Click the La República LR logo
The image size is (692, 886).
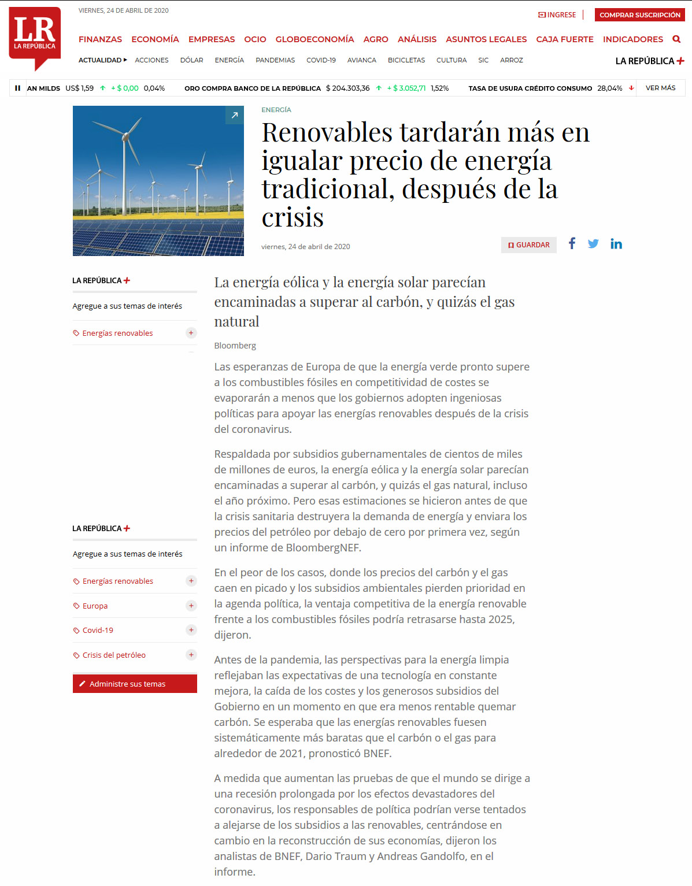35,36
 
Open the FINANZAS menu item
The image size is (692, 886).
100,39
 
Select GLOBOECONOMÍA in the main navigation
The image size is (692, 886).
314,39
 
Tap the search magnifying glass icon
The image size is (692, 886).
676,39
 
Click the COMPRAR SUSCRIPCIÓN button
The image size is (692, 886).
639,15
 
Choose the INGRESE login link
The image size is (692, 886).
557,15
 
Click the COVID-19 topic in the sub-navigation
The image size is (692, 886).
321,60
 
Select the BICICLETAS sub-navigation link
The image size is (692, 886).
406,60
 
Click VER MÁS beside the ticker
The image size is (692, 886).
660,88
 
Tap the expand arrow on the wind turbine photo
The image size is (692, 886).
235,115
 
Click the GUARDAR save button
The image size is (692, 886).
528,245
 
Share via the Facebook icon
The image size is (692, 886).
572,243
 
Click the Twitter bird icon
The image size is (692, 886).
593,244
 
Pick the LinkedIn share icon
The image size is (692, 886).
616,244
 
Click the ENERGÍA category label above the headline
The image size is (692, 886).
276,110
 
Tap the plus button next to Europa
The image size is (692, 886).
191,606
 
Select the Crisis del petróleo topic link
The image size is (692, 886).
114,655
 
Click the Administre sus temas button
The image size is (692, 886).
135,684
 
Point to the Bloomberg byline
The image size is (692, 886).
235,346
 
